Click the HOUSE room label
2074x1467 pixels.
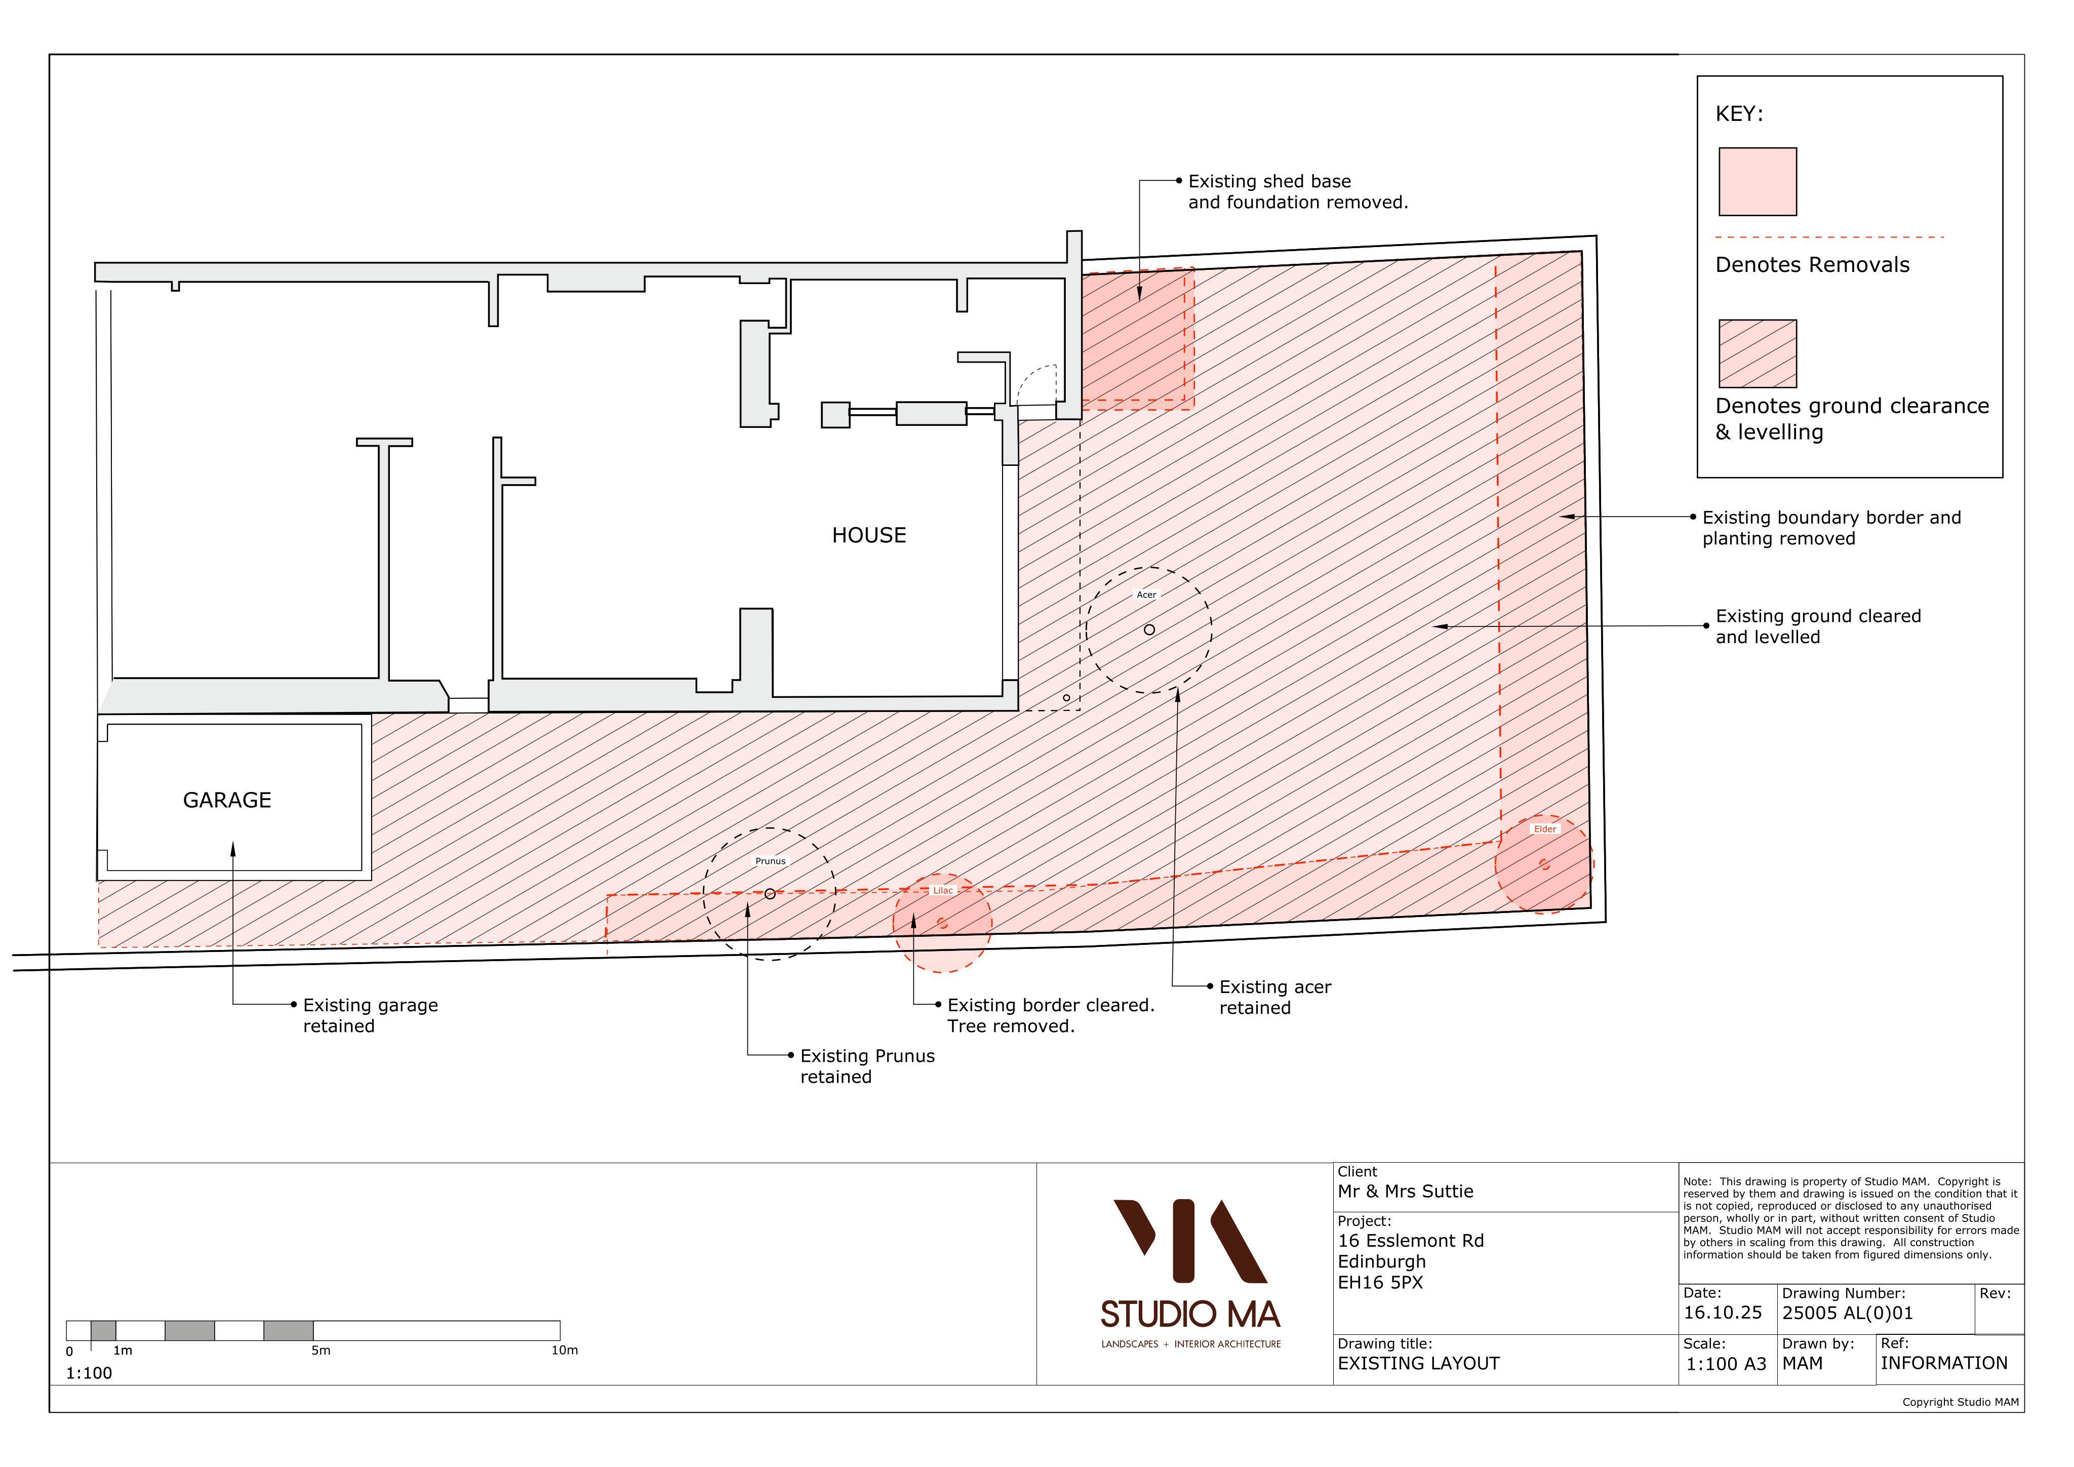869,536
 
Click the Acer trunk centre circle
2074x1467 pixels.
1149,629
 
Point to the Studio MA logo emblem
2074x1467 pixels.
1190,1241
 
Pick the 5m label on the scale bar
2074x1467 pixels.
321,1351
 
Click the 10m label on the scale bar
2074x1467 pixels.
565,1351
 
